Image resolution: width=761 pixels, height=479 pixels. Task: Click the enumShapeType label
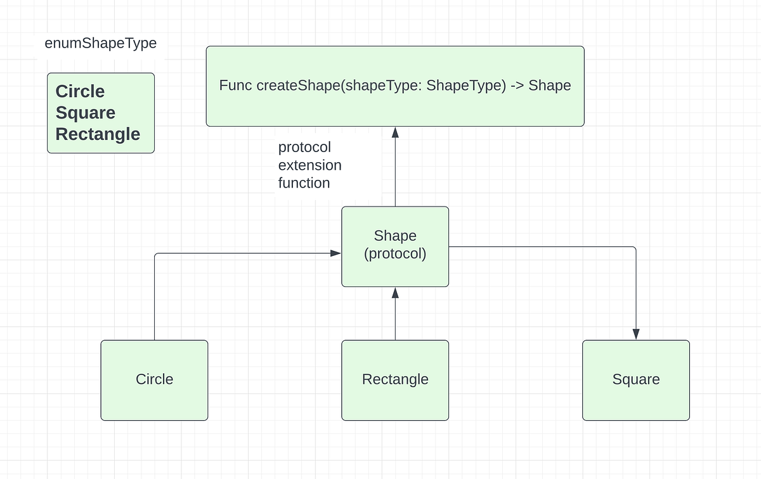[100, 44]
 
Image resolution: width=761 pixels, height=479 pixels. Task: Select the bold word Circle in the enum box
[80, 91]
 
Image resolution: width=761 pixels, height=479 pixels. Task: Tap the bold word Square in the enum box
[86, 113]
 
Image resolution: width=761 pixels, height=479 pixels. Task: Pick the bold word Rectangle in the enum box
[98, 134]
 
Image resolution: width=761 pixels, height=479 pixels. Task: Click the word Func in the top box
[235, 86]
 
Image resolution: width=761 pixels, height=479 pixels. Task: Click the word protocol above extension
[304, 148]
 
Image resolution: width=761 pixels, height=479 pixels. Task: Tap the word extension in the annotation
[309, 165]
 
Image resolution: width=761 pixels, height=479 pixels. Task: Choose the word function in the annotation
[304, 183]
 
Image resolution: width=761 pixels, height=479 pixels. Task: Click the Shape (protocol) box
[395, 246]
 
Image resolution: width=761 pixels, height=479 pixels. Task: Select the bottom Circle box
[154, 380]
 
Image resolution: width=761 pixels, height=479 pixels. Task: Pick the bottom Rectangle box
[395, 380]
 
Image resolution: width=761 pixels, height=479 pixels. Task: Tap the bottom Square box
[636, 380]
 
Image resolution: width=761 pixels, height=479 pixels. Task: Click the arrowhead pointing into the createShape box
[395, 132]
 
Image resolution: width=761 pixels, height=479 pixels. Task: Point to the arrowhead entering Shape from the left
[336, 253]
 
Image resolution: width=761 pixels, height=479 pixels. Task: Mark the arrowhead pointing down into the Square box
[636, 335]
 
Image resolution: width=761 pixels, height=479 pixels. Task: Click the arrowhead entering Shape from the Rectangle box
[395, 292]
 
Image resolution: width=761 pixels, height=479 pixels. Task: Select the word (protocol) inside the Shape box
[395, 255]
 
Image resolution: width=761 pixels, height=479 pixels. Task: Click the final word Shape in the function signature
[550, 86]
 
